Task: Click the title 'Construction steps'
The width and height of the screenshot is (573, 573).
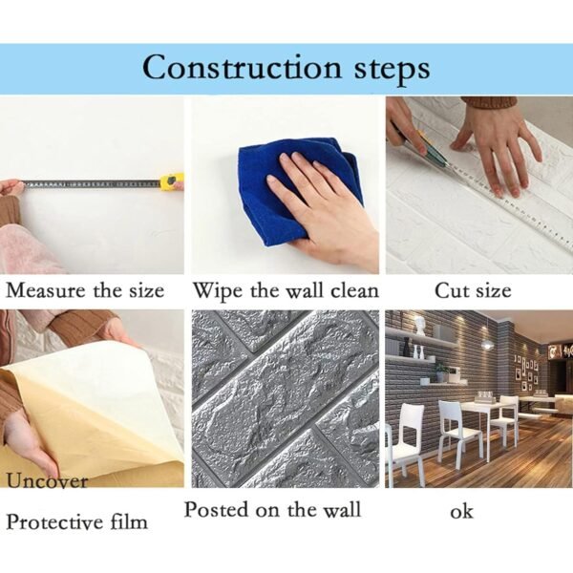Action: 286,68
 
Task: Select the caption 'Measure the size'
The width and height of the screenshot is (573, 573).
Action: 85,290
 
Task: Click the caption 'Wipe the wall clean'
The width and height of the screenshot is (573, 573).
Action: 286,290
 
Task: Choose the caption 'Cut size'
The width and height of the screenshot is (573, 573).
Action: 472,290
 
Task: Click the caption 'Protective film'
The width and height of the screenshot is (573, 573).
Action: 77,521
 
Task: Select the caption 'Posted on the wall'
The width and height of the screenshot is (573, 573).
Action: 272,509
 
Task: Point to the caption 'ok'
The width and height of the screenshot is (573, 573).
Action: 461,512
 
